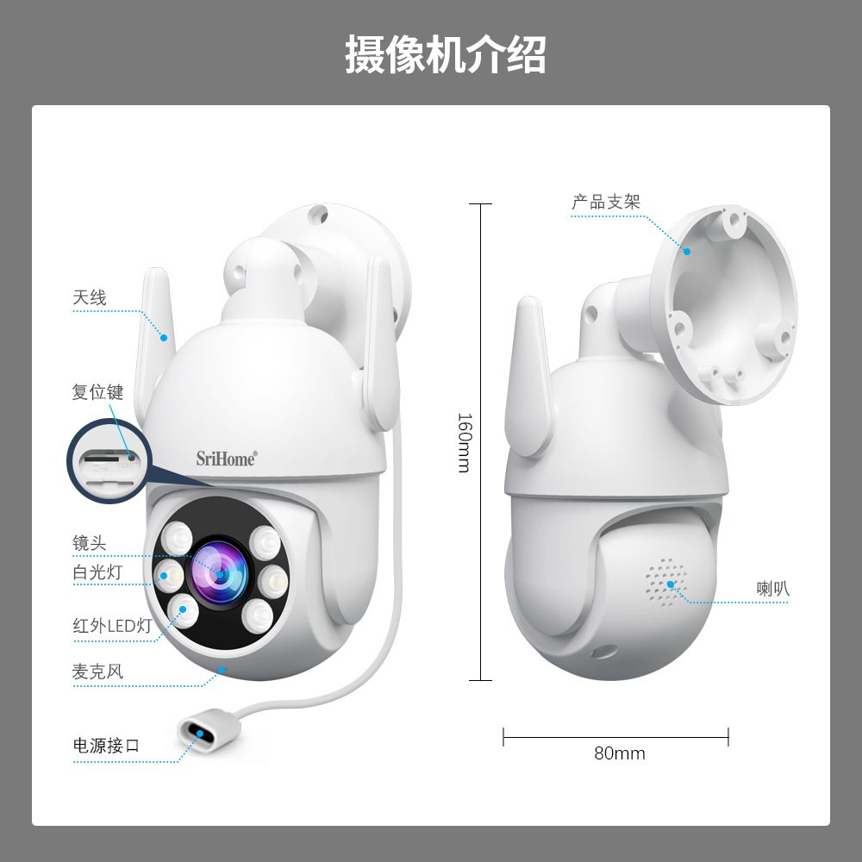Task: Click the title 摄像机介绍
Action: click(445, 54)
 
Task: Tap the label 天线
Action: click(89, 298)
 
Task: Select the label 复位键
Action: click(97, 392)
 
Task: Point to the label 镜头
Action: click(89, 543)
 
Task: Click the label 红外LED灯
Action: click(112, 626)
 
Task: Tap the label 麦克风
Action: click(97, 671)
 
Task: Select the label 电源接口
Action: click(106, 746)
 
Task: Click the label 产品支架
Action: click(606, 203)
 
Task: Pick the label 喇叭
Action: click(773, 590)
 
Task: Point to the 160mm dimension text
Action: click(464, 441)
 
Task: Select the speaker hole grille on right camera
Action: click(665, 581)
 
